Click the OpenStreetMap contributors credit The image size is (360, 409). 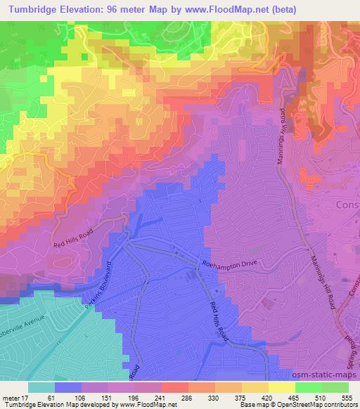[321, 405]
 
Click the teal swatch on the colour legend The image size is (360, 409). [41, 387]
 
